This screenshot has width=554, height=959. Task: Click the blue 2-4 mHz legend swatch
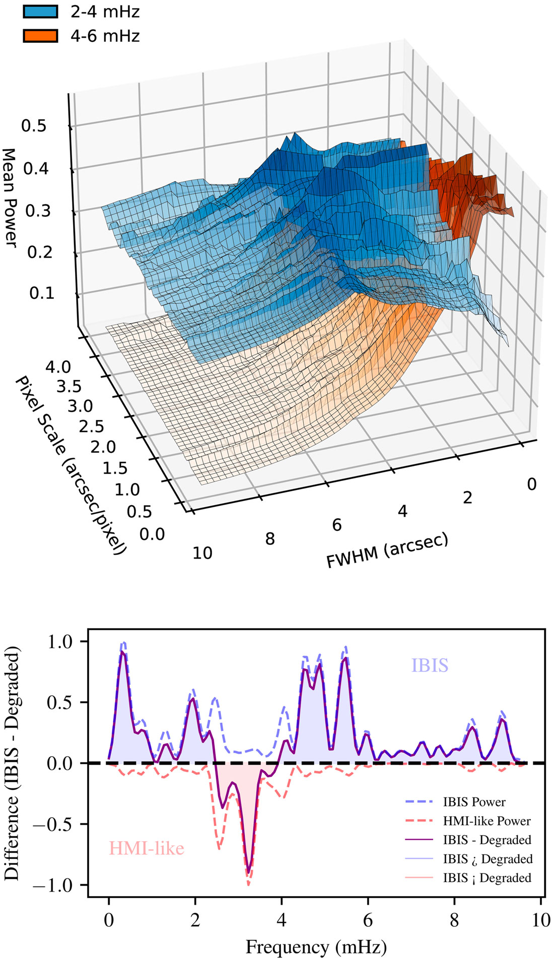click(40, 12)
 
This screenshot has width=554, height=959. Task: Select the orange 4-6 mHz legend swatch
click(40, 36)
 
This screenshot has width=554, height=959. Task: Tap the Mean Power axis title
click(10, 197)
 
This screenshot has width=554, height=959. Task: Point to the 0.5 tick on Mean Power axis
click(34, 126)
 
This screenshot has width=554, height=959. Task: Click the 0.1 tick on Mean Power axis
click(42, 293)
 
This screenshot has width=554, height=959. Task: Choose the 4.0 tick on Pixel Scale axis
click(58, 367)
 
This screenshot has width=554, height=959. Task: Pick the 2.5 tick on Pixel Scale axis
click(92, 427)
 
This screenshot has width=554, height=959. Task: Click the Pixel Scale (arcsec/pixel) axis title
click(71, 465)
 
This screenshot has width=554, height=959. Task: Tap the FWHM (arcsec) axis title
click(387, 551)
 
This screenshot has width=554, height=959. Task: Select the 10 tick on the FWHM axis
click(202, 553)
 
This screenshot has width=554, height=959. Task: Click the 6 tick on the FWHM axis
click(336, 525)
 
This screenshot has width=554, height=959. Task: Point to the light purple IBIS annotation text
click(430, 666)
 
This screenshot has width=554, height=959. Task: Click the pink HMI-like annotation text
click(147, 848)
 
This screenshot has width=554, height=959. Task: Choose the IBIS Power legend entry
click(474, 802)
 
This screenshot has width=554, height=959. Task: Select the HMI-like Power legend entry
click(487, 821)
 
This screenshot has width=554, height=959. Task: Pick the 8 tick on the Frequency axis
click(455, 920)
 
